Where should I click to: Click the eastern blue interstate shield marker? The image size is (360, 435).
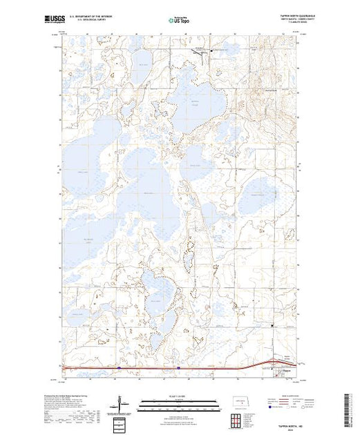coord(178,368)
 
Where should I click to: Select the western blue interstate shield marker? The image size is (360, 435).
coord(118,368)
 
